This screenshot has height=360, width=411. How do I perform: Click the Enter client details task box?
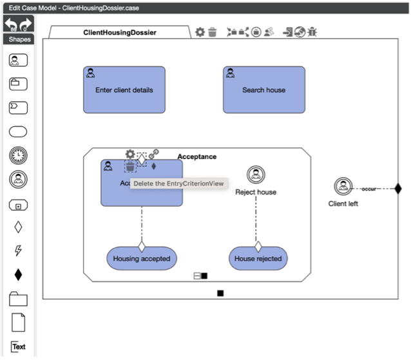124,90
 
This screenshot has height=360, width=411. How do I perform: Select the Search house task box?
263,90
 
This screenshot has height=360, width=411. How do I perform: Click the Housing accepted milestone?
142,258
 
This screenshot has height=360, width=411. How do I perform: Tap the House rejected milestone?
258,258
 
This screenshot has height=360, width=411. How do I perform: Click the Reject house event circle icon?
256,175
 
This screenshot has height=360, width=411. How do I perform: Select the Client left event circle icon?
342,187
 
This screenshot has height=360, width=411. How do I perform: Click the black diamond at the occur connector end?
397,189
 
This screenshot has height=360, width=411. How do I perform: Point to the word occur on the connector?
368,189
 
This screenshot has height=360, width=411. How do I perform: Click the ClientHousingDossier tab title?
120,32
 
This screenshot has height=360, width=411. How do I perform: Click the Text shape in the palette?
19,346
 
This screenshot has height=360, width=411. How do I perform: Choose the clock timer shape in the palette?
18,156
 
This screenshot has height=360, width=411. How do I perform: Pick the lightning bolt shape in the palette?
18,251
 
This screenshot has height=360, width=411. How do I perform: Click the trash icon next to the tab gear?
212,32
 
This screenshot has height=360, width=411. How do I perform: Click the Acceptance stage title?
197,156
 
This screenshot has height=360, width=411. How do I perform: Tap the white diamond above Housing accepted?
142,245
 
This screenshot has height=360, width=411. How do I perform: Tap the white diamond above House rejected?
258,245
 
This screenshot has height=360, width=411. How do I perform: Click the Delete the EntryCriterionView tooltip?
178,184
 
